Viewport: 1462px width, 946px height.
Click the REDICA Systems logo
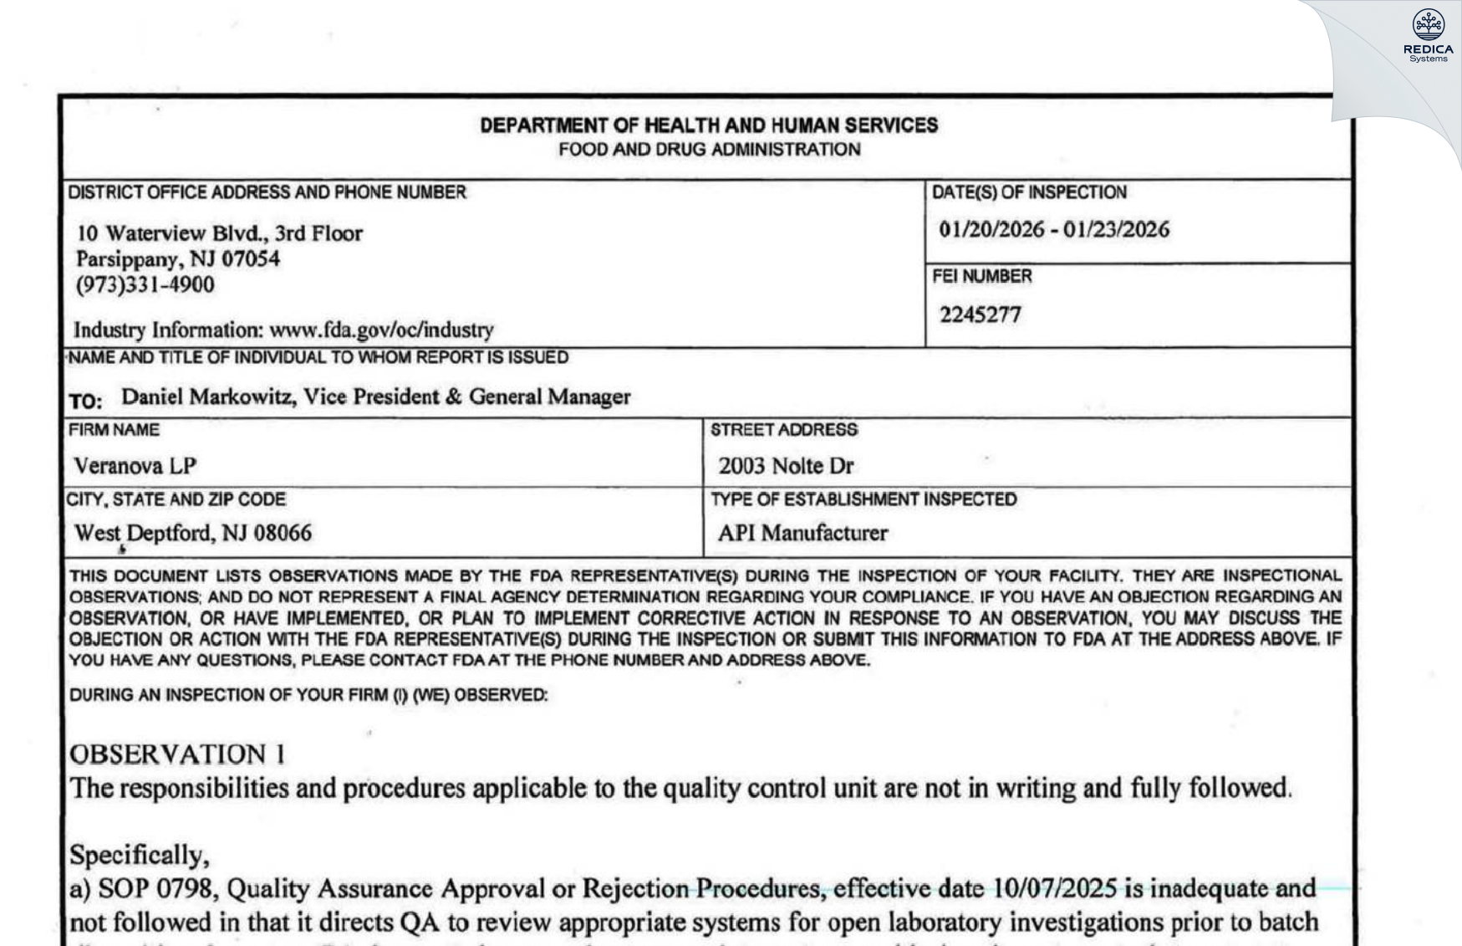point(1428,35)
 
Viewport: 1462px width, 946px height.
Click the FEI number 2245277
point(980,314)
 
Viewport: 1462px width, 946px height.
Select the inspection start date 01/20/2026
point(991,229)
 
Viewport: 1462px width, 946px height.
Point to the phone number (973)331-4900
point(145,285)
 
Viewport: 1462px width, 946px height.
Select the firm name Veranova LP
point(135,466)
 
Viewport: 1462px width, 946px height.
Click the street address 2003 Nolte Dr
point(785,466)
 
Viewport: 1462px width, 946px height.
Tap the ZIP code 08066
point(282,533)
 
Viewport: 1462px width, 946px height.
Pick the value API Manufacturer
point(802,533)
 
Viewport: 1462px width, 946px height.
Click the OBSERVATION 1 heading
point(176,754)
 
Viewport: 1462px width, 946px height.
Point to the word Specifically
point(139,855)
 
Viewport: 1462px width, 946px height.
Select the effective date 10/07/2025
point(1054,888)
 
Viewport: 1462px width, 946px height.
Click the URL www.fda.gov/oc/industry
point(381,330)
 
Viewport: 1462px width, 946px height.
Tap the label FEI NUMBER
point(981,276)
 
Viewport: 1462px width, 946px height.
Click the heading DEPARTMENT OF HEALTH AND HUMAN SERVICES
point(708,125)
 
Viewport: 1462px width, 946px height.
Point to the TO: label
point(85,401)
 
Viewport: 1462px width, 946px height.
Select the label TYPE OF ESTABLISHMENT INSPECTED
point(863,499)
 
